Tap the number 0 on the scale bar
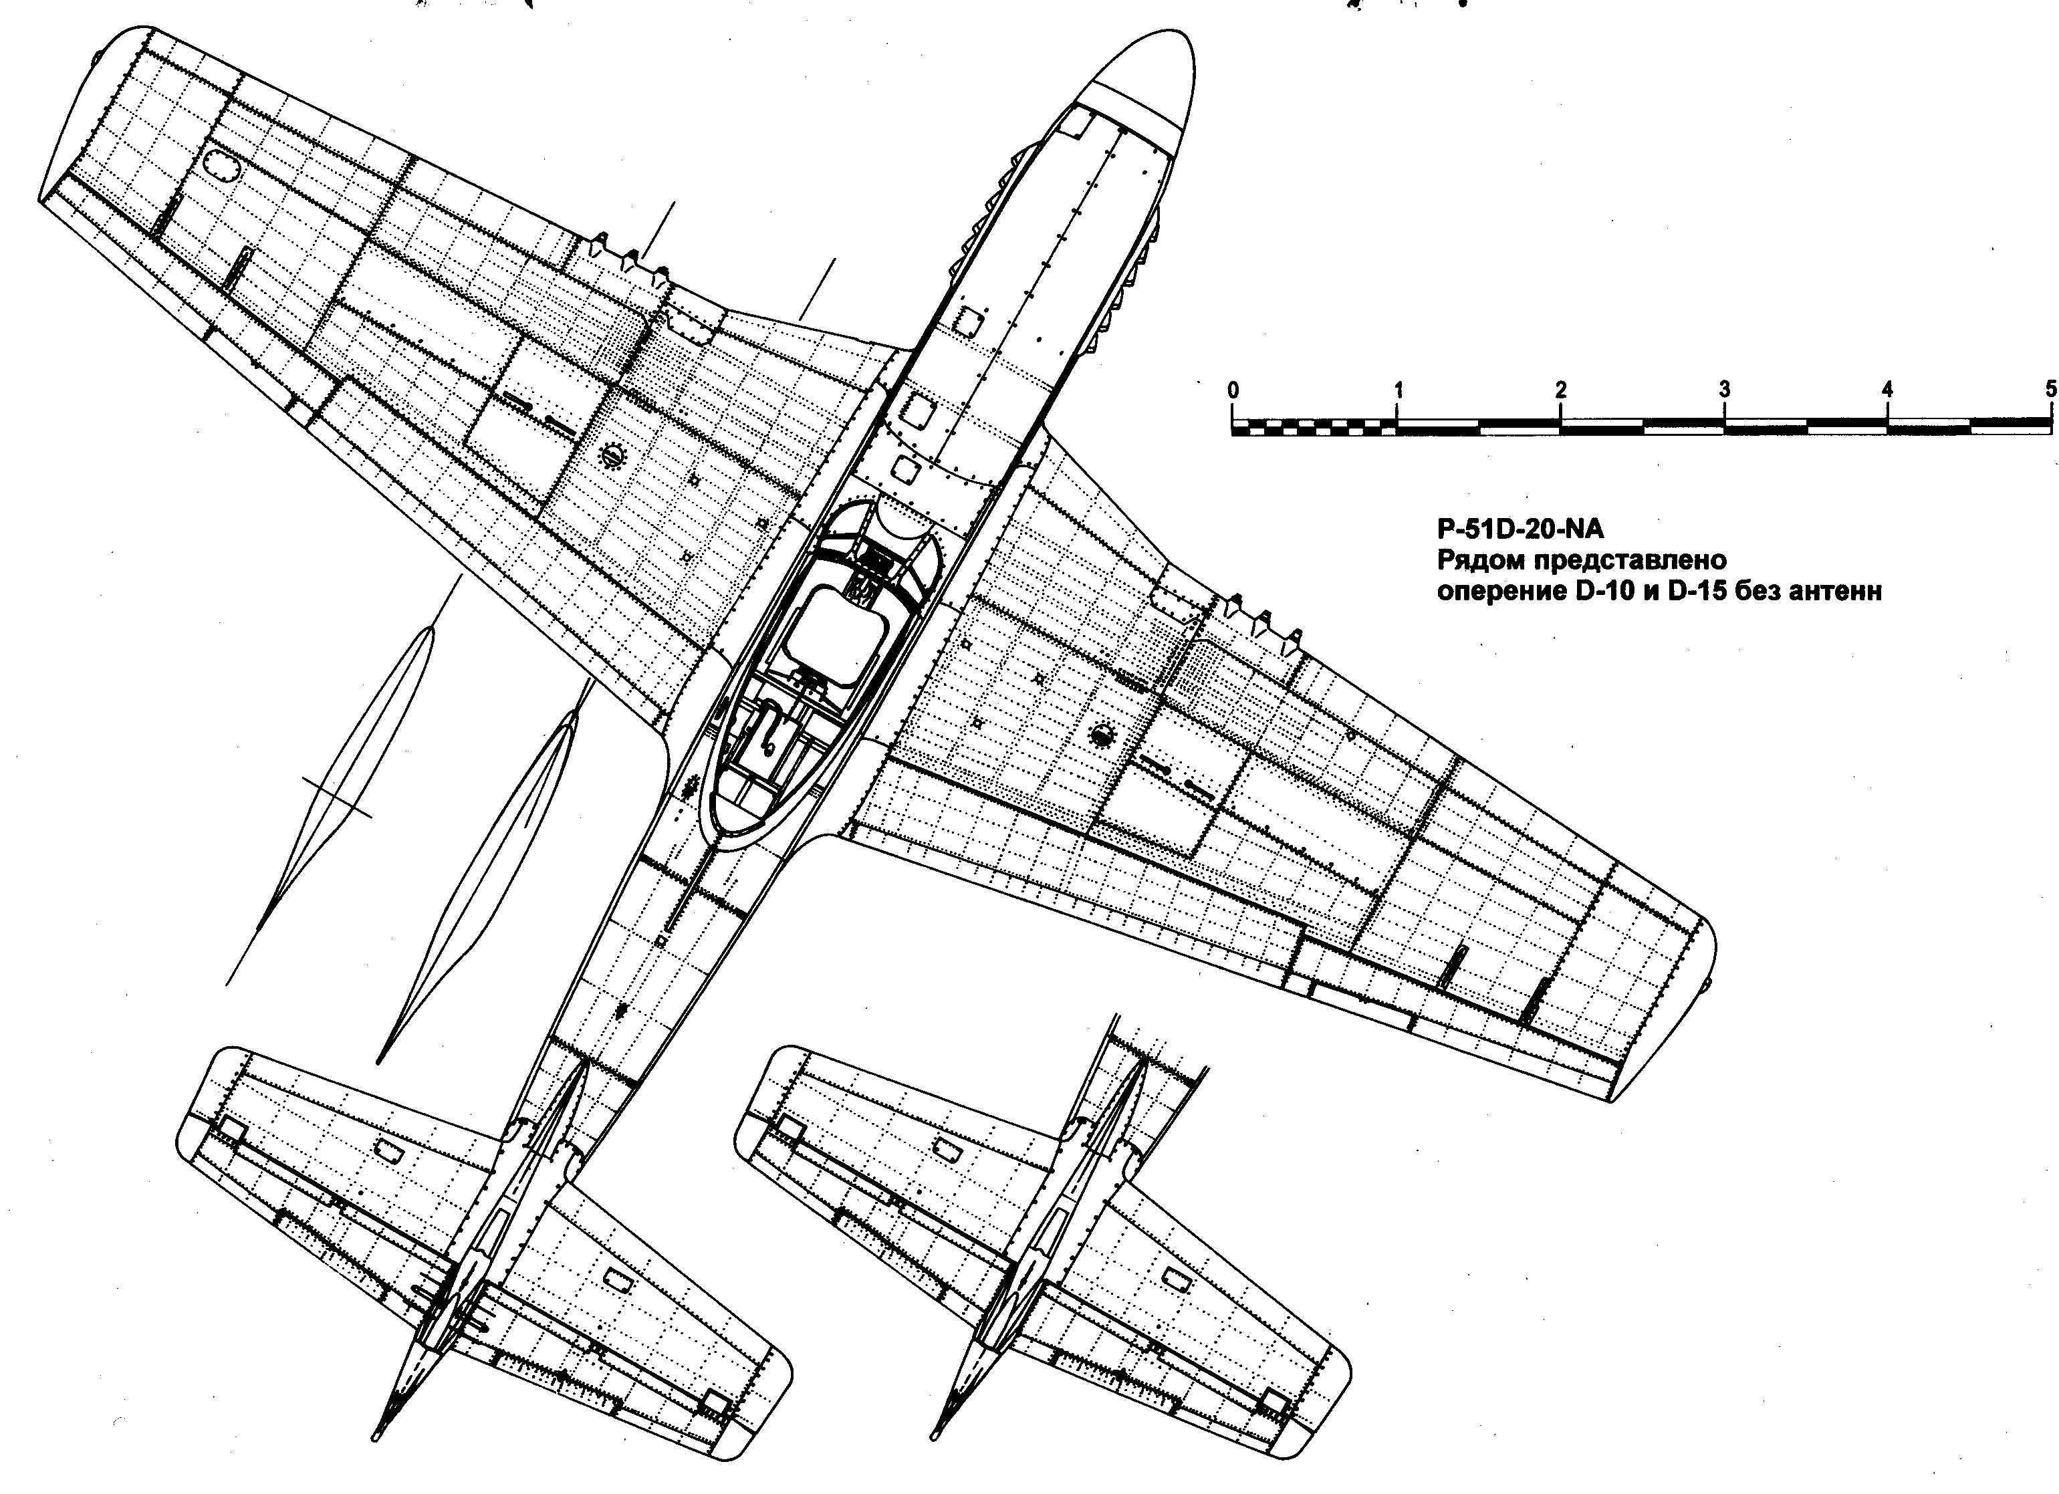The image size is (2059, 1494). pos(1233,390)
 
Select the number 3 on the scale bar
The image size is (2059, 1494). pos(1724,390)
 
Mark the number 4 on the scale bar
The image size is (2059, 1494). pos(1887,390)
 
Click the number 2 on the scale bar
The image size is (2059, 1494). pos(1560,390)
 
